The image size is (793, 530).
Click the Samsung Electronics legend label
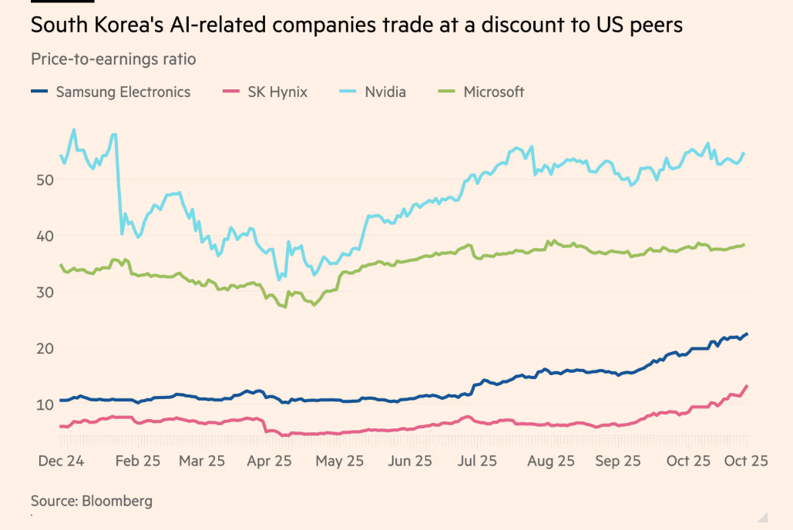pyautogui.click(x=123, y=92)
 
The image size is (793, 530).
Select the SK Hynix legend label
pyautogui.click(x=277, y=92)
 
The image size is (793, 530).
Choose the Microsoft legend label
pyautogui.click(x=493, y=92)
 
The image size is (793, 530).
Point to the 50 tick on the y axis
pyautogui.click(x=45, y=179)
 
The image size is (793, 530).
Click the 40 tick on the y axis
pyautogui.click(x=45, y=236)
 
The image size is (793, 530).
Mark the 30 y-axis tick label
pyautogui.click(x=45, y=292)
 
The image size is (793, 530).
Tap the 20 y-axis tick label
pyautogui.click(x=45, y=348)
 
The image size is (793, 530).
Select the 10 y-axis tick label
pyautogui.click(x=45, y=404)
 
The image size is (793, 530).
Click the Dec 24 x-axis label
pyautogui.click(x=61, y=461)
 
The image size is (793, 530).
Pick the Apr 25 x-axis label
pyautogui.click(x=270, y=461)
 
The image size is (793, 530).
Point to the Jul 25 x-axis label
pyautogui.click(x=477, y=461)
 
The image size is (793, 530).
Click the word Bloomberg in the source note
pyautogui.click(x=116, y=501)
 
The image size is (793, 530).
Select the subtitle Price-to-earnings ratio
pyautogui.click(x=113, y=59)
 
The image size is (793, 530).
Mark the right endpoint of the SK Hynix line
pyautogui.click(x=747, y=386)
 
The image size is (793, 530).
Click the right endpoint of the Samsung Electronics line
pyautogui.click(x=747, y=334)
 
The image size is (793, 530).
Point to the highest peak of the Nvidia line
pyautogui.click(x=74, y=129)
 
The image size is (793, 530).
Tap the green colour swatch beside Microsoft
pyautogui.click(x=447, y=92)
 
